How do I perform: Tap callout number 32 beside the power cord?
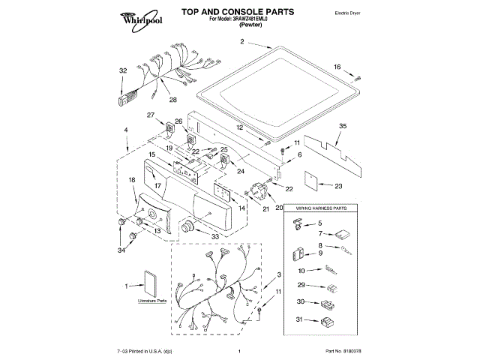(124, 70)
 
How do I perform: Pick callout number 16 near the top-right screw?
(337, 67)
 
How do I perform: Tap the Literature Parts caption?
(151, 301)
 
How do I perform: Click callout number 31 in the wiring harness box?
(300, 320)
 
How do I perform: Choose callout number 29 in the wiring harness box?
(300, 286)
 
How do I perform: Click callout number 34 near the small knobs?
(121, 249)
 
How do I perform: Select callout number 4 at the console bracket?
(126, 130)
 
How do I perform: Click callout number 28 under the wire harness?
(172, 100)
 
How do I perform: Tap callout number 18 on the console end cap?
(131, 180)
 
